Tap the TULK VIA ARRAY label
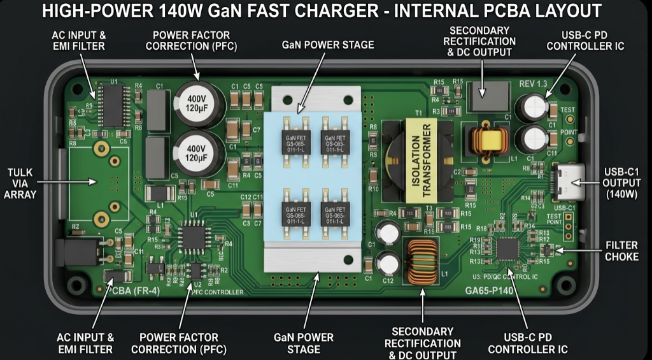22,184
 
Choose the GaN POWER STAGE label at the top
328,45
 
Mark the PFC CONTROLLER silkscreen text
218,292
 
